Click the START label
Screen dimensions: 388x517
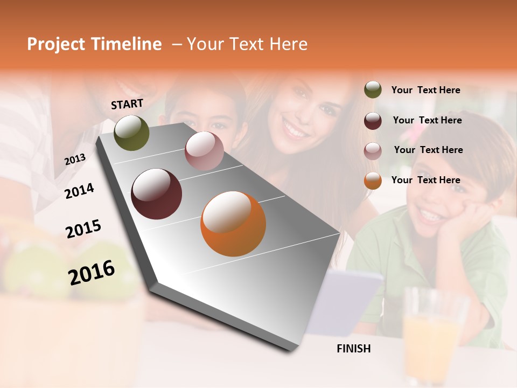(x=127, y=104)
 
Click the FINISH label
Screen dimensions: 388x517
(x=353, y=349)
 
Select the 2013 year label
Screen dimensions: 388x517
(x=75, y=159)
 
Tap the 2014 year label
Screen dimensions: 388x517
(x=79, y=191)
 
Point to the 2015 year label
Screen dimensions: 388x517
(x=83, y=229)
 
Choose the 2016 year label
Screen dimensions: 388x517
(x=92, y=272)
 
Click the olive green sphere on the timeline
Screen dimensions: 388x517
(x=131, y=133)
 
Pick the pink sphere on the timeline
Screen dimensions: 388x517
(x=204, y=151)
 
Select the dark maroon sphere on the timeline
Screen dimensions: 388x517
(x=156, y=194)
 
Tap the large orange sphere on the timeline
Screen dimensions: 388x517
(x=233, y=224)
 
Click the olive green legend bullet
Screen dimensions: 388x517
(x=373, y=90)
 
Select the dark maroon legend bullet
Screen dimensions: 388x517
(x=373, y=120)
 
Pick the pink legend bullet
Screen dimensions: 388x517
(x=373, y=150)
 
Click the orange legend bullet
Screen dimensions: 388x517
(x=373, y=181)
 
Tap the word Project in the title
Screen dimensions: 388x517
(x=56, y=44)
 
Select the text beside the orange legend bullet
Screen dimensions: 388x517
(x=425, y=180)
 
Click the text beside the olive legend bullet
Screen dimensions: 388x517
(x=425, y=90)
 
